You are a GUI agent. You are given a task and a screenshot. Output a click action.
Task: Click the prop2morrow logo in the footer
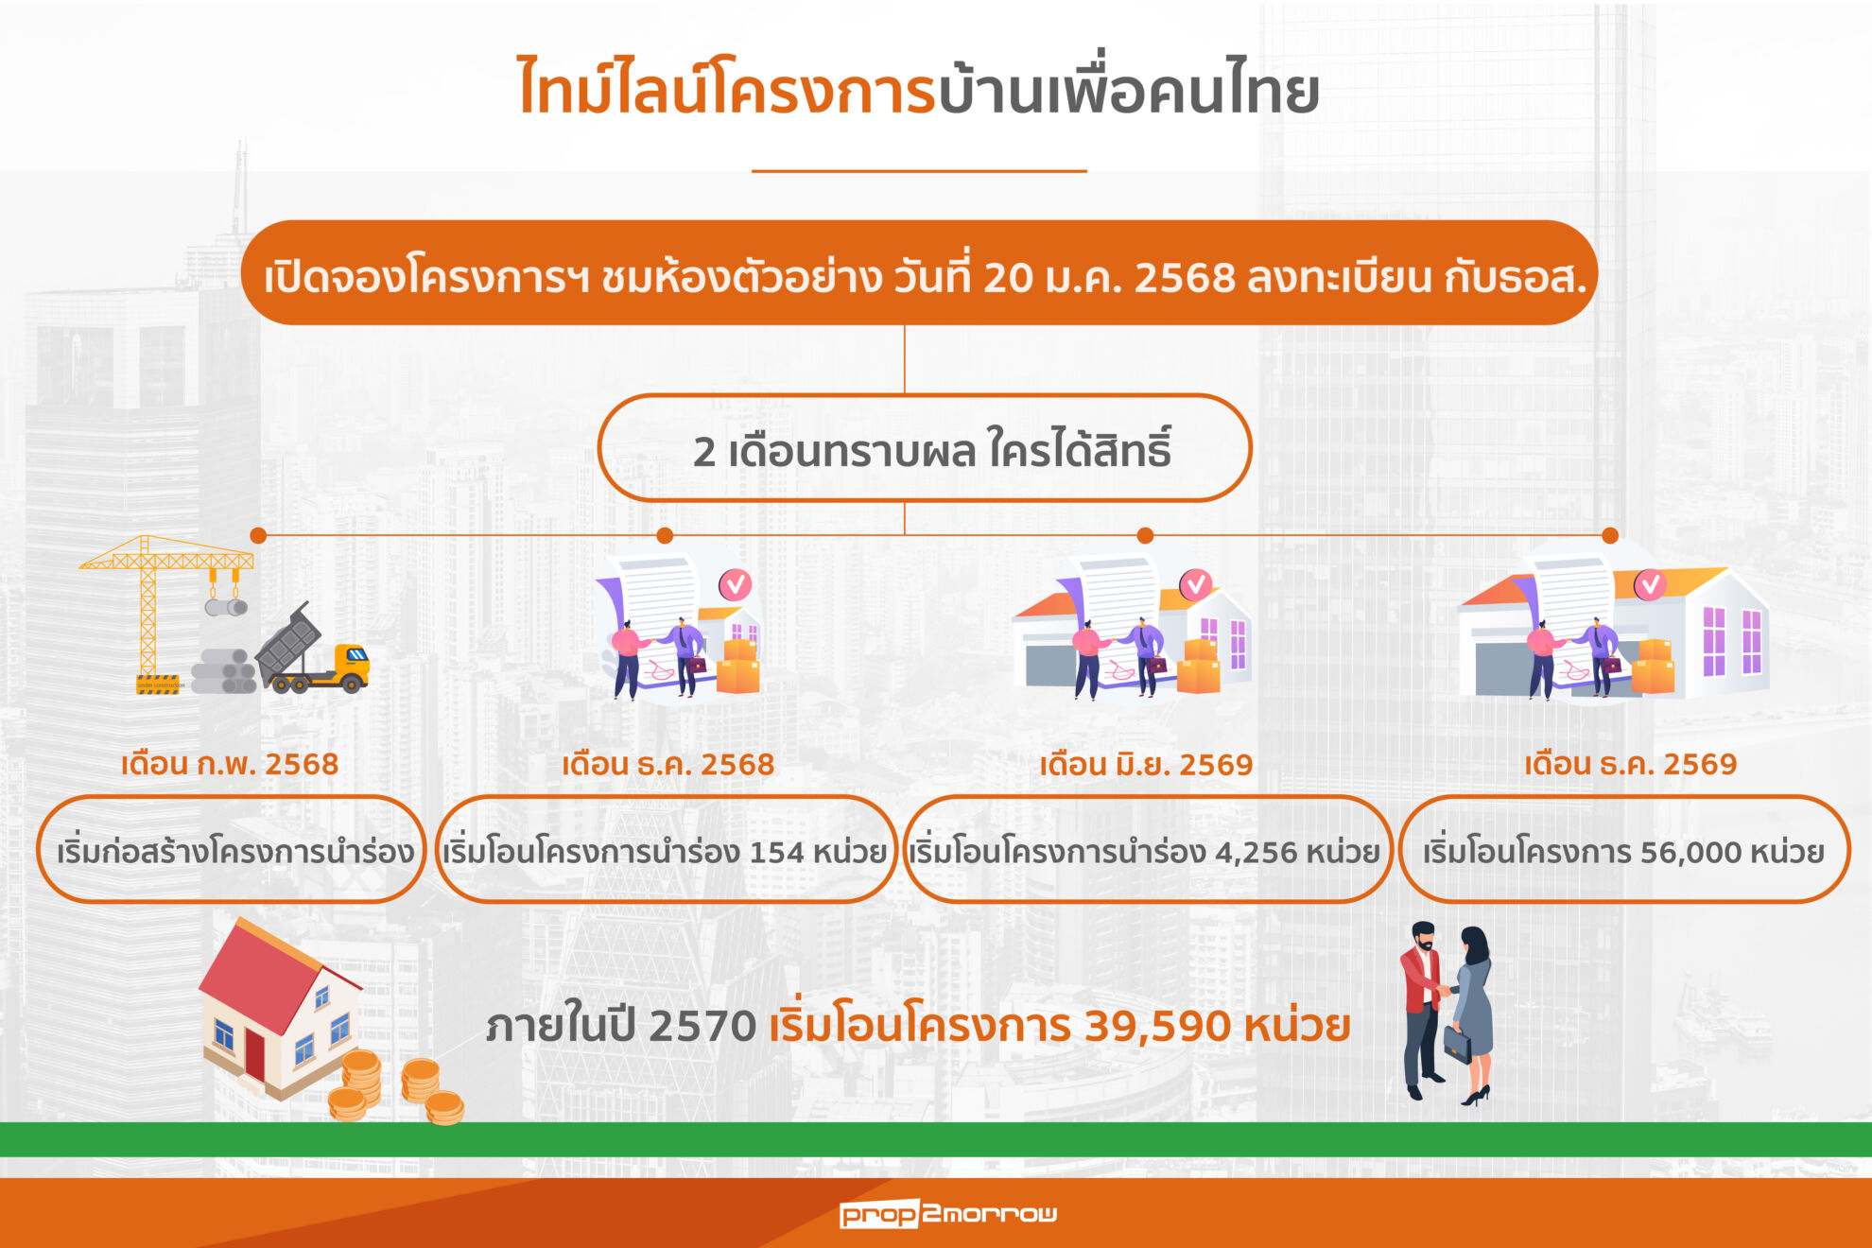pos(947,1213)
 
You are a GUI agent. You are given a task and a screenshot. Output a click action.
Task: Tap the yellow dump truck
pos(312,652)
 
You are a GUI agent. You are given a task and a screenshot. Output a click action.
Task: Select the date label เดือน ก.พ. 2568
pos(230,764)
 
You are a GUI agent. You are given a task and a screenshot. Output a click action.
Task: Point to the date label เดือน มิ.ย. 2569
pos(1146,764)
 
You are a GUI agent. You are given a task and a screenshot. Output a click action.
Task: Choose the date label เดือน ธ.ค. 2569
pos(1630,764)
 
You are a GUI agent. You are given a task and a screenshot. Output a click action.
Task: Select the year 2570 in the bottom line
pos(702,1027)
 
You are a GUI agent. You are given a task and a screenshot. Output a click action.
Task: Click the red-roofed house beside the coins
pos(279,1007)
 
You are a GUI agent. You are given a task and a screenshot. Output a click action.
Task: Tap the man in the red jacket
pos(1421,1007)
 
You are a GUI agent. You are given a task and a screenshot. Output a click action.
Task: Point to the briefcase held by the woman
pos(1457,1044)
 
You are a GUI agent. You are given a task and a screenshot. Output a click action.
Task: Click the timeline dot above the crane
pos(258,535)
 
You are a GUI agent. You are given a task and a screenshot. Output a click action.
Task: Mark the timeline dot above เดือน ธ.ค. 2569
pos(1610,535)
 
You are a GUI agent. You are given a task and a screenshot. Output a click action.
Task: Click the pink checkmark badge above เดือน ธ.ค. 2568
pos(735,584)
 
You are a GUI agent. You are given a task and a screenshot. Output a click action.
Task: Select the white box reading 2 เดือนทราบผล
pos(924,449)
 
